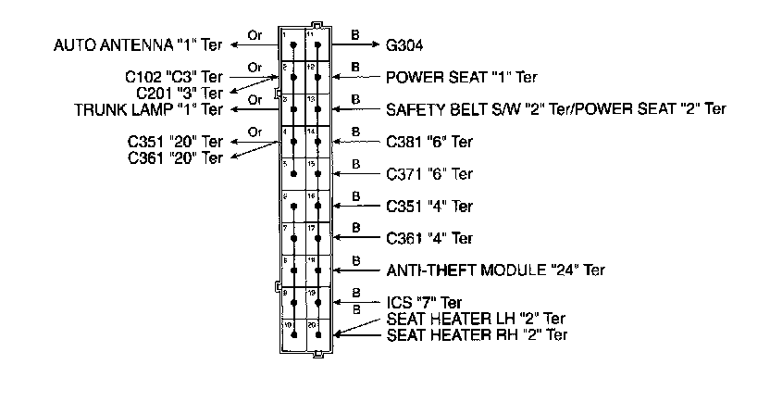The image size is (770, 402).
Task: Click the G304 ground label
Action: click(404, 44)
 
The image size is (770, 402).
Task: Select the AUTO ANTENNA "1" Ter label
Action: click(139, 44)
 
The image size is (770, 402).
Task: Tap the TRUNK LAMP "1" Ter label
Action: click(149, 109)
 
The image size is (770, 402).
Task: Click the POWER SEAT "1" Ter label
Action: click(461, 77)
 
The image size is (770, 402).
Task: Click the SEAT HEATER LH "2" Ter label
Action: click(476, 320)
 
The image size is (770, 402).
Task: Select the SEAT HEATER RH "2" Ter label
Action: click(476, 334)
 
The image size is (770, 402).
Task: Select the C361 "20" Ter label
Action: click(176, 157)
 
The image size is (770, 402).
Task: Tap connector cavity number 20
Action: click(317, 335)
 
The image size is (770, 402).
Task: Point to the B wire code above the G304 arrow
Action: click(355, 35)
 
